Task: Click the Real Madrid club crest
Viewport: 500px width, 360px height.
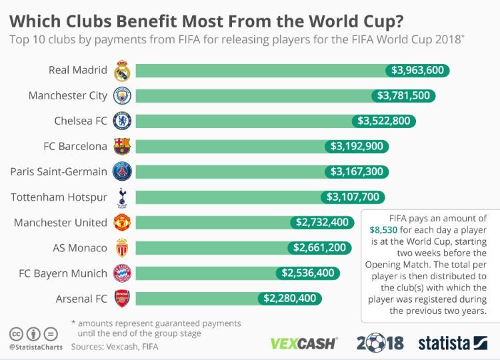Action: click(x=122, y=70)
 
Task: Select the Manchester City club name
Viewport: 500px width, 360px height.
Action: click(x=67, y=95)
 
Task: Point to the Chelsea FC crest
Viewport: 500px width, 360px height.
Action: click(x=122, y=121)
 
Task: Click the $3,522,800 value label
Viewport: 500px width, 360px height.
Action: click(x=384, y=121)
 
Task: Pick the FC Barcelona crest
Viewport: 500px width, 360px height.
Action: click(x=122, y=146)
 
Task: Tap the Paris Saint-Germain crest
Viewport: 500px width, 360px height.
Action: click(x=122, y=171)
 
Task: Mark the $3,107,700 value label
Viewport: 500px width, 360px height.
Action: click(x=352, y=197)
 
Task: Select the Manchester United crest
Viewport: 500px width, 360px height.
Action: click(x=122, y=222)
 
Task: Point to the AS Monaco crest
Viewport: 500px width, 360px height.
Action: click(x=122, y=247)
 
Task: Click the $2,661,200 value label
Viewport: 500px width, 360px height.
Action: click(x=319, y=247)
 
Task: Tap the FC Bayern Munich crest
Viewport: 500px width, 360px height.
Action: click(x=122, y=273)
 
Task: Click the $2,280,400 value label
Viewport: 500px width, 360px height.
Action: click(x=289, y=298)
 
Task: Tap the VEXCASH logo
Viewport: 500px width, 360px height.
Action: click(x=304, y=344)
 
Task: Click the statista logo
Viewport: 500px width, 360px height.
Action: click(x=453, y=343)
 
